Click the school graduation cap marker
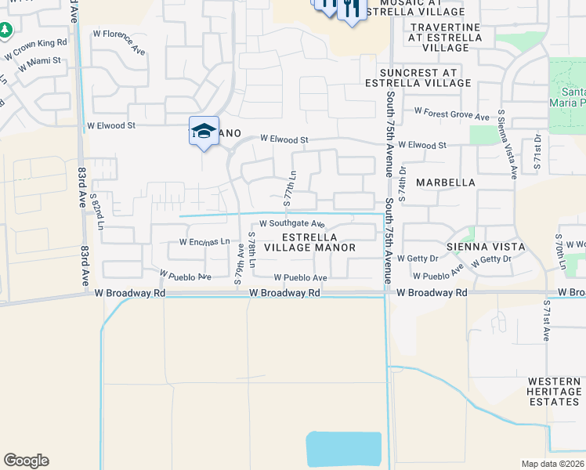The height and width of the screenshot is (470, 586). [x=204, y=131]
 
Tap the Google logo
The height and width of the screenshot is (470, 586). [x=26, y=461]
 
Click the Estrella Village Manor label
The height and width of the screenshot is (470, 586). [x=309, y=242]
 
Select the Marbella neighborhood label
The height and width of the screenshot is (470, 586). [x=446, y=183]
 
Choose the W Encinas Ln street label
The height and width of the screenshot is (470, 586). [x=204, y=242]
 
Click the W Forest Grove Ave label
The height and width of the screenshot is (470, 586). [x=453, y=114]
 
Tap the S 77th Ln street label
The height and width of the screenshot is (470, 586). [x=289, y=189]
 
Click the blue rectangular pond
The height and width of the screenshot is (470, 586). [x=345, y=450]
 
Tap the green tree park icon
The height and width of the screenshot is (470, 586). [x=5, y=30]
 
